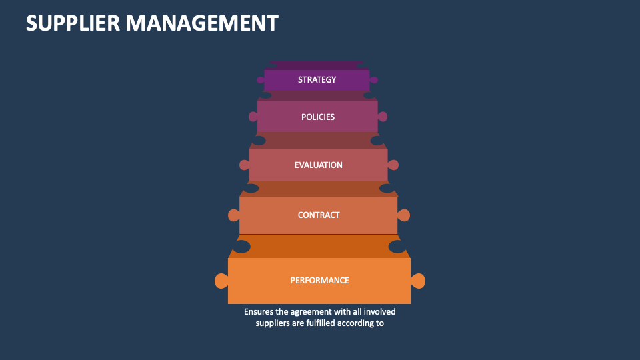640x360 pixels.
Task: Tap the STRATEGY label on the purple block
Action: (317, 80)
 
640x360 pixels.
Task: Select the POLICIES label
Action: (318, 117)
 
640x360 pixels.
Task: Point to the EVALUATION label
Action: (318, 165)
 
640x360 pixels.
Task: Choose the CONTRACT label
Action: (319, 215)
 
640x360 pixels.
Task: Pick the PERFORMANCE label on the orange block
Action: (319, 280)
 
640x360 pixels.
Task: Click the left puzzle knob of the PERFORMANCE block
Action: (221, 281)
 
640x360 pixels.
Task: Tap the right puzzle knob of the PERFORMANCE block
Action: (418, 281)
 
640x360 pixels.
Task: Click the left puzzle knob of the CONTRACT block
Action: (233, 215)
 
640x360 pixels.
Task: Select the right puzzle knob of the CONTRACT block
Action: (403, 215)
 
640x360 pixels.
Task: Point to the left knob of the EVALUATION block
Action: (244, 165)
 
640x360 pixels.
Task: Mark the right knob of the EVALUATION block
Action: (393, 165)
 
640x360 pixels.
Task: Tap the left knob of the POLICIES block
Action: (253, 117)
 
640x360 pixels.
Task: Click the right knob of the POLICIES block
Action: (383, 117)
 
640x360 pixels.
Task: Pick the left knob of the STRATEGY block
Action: (261, 80)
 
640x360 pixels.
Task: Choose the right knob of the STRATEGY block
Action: (374, 80)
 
